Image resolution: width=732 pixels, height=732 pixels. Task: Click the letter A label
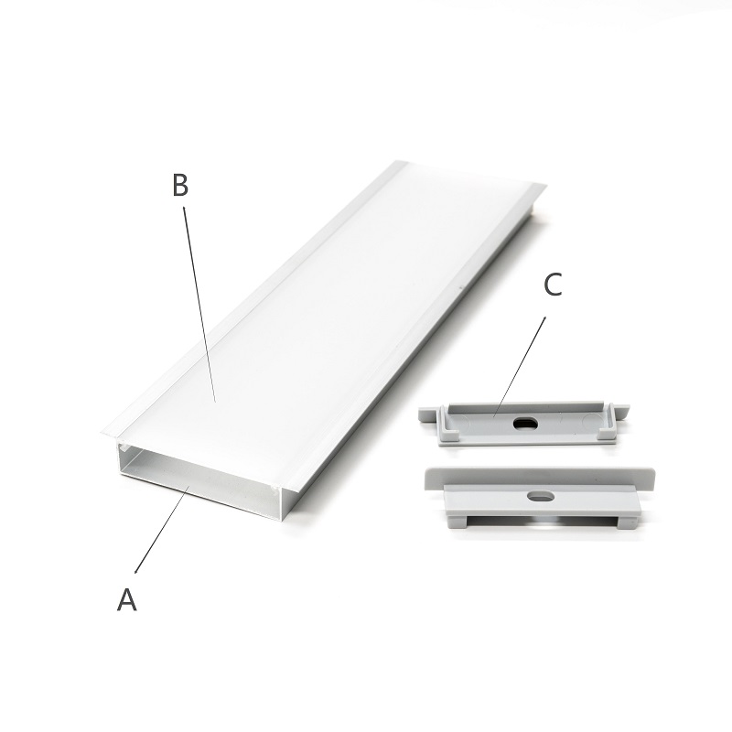tap(126, 599)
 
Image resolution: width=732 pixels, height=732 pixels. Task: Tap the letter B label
tap(180, 185)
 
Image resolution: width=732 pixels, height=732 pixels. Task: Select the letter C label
tap(554, 285)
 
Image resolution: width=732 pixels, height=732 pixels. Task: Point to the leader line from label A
tap(162, 529)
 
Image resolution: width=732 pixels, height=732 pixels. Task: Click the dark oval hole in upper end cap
tap(525, 424)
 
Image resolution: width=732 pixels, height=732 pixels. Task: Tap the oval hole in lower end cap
tap(541, 496)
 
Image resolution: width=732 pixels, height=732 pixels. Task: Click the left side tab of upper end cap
tap(428, 414)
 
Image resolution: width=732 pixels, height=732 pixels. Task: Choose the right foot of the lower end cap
tap(627, 522)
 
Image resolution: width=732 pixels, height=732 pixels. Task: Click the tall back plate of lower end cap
tap(540, 478)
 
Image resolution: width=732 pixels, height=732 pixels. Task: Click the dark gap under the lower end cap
tap(543, 521)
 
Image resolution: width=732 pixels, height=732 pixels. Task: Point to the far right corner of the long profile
tap(545, 186)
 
